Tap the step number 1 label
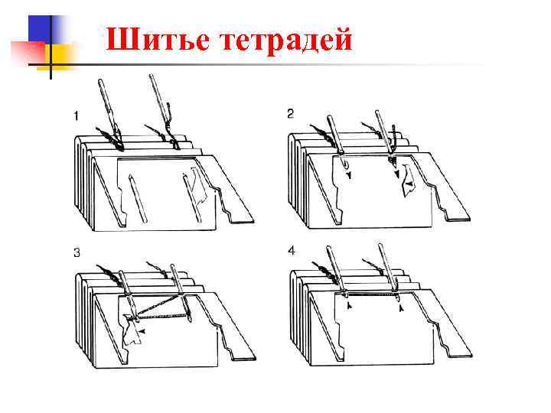76,115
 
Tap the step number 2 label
290,114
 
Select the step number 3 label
76,252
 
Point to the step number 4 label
291,251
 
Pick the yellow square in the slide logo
62,55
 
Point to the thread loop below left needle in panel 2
344,164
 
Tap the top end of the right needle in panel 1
152,76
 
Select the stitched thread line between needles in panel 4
371,291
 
